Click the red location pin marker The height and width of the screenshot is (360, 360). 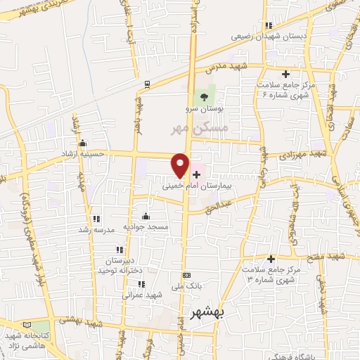180,165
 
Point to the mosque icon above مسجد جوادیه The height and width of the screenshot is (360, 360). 146,216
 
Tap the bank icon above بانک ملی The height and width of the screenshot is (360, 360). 186,275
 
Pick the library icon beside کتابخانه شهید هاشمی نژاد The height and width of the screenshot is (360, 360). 27,326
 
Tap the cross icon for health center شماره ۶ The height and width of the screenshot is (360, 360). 285,74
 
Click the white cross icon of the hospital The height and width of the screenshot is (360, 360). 195,173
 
